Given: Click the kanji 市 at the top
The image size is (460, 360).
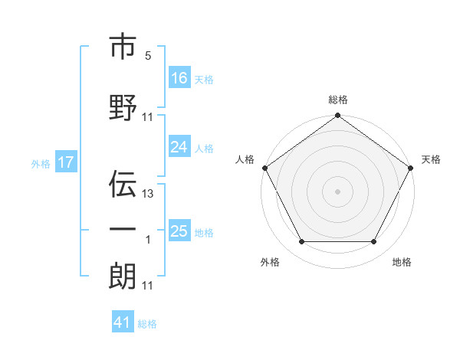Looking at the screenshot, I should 123,47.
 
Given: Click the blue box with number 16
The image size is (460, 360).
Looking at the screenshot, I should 179,78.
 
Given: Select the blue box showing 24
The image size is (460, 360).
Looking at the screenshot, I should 179,148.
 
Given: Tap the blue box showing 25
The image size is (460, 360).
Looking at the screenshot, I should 179,232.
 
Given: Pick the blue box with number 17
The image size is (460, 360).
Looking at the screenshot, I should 66,162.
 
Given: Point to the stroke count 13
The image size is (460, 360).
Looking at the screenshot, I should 148,194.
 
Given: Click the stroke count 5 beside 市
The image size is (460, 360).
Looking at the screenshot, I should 147,56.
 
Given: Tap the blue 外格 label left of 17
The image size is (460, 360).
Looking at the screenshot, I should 40,163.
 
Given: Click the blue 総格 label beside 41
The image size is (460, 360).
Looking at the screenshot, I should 147,324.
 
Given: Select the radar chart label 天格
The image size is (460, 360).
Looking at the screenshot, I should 431,159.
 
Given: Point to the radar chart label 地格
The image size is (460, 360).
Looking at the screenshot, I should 402,262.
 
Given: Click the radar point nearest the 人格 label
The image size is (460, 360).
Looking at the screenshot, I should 264,168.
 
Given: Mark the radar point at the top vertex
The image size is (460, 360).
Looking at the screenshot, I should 338,116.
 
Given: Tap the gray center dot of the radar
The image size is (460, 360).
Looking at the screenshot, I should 338,191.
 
